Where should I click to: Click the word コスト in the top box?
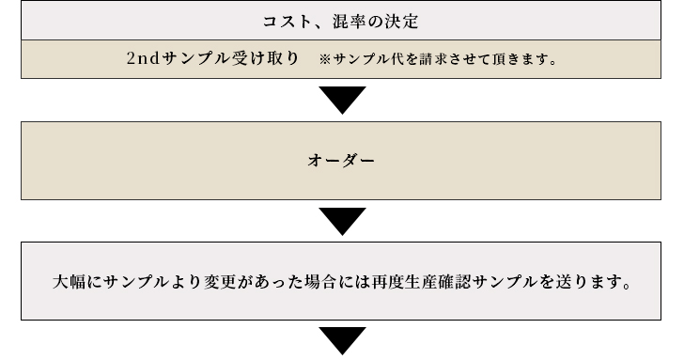(281, 20)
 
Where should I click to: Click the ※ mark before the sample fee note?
(324, 59)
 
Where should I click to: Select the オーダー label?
(342, 160)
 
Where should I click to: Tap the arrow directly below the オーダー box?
(342, 222)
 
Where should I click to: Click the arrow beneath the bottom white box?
(342, 340)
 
